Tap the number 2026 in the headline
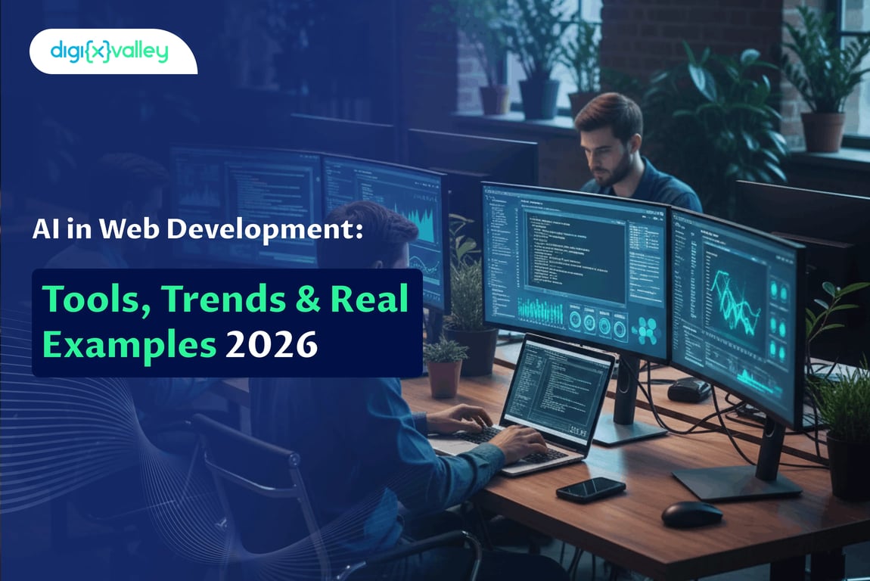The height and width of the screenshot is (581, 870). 270,345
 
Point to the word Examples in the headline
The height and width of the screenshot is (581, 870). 129,345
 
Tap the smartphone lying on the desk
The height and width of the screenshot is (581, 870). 591,489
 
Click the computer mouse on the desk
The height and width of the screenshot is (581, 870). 691,514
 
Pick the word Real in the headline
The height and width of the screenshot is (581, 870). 373,299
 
